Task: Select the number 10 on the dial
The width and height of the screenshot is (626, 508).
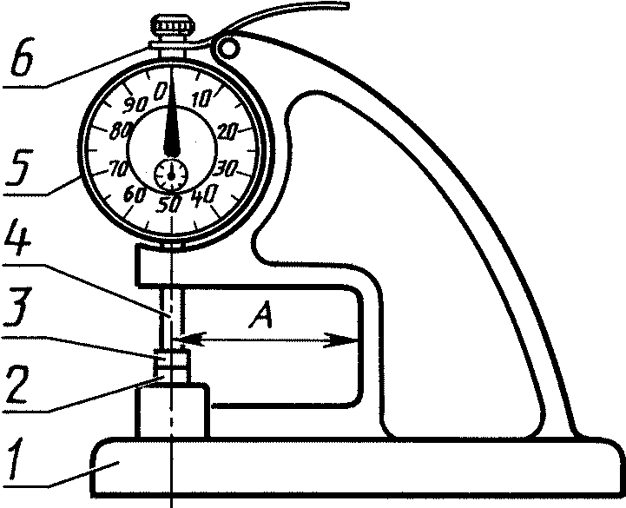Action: coord(199,99)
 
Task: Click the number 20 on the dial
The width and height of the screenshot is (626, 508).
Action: coord(227,131)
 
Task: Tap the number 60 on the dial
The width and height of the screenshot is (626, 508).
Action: coord(133,195)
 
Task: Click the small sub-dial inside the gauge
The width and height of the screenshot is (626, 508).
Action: coord(170,175)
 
